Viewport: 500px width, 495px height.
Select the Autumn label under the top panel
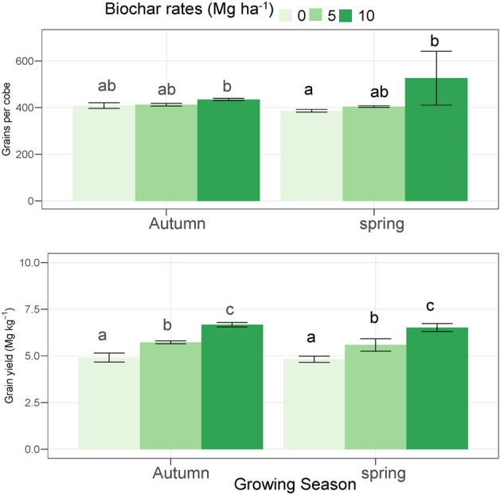click(x=178, y=224)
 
